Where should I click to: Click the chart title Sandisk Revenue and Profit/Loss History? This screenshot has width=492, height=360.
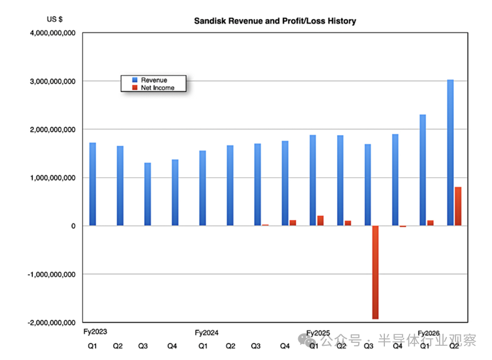(274, 21)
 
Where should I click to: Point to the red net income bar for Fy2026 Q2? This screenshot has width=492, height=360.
(457, 206)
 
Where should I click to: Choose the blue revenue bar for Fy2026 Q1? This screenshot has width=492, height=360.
(423, 170)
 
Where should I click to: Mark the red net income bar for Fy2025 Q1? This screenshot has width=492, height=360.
(320, 221)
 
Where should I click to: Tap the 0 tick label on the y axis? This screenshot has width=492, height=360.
(72, 226)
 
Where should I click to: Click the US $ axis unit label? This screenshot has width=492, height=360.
(55, 19)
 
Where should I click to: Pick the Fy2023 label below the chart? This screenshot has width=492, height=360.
(95, 331)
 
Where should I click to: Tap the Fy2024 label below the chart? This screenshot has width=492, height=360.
(207, 333)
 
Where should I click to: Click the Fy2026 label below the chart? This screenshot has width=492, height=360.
(429, 333)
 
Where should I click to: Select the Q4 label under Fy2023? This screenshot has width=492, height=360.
(172, 346)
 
